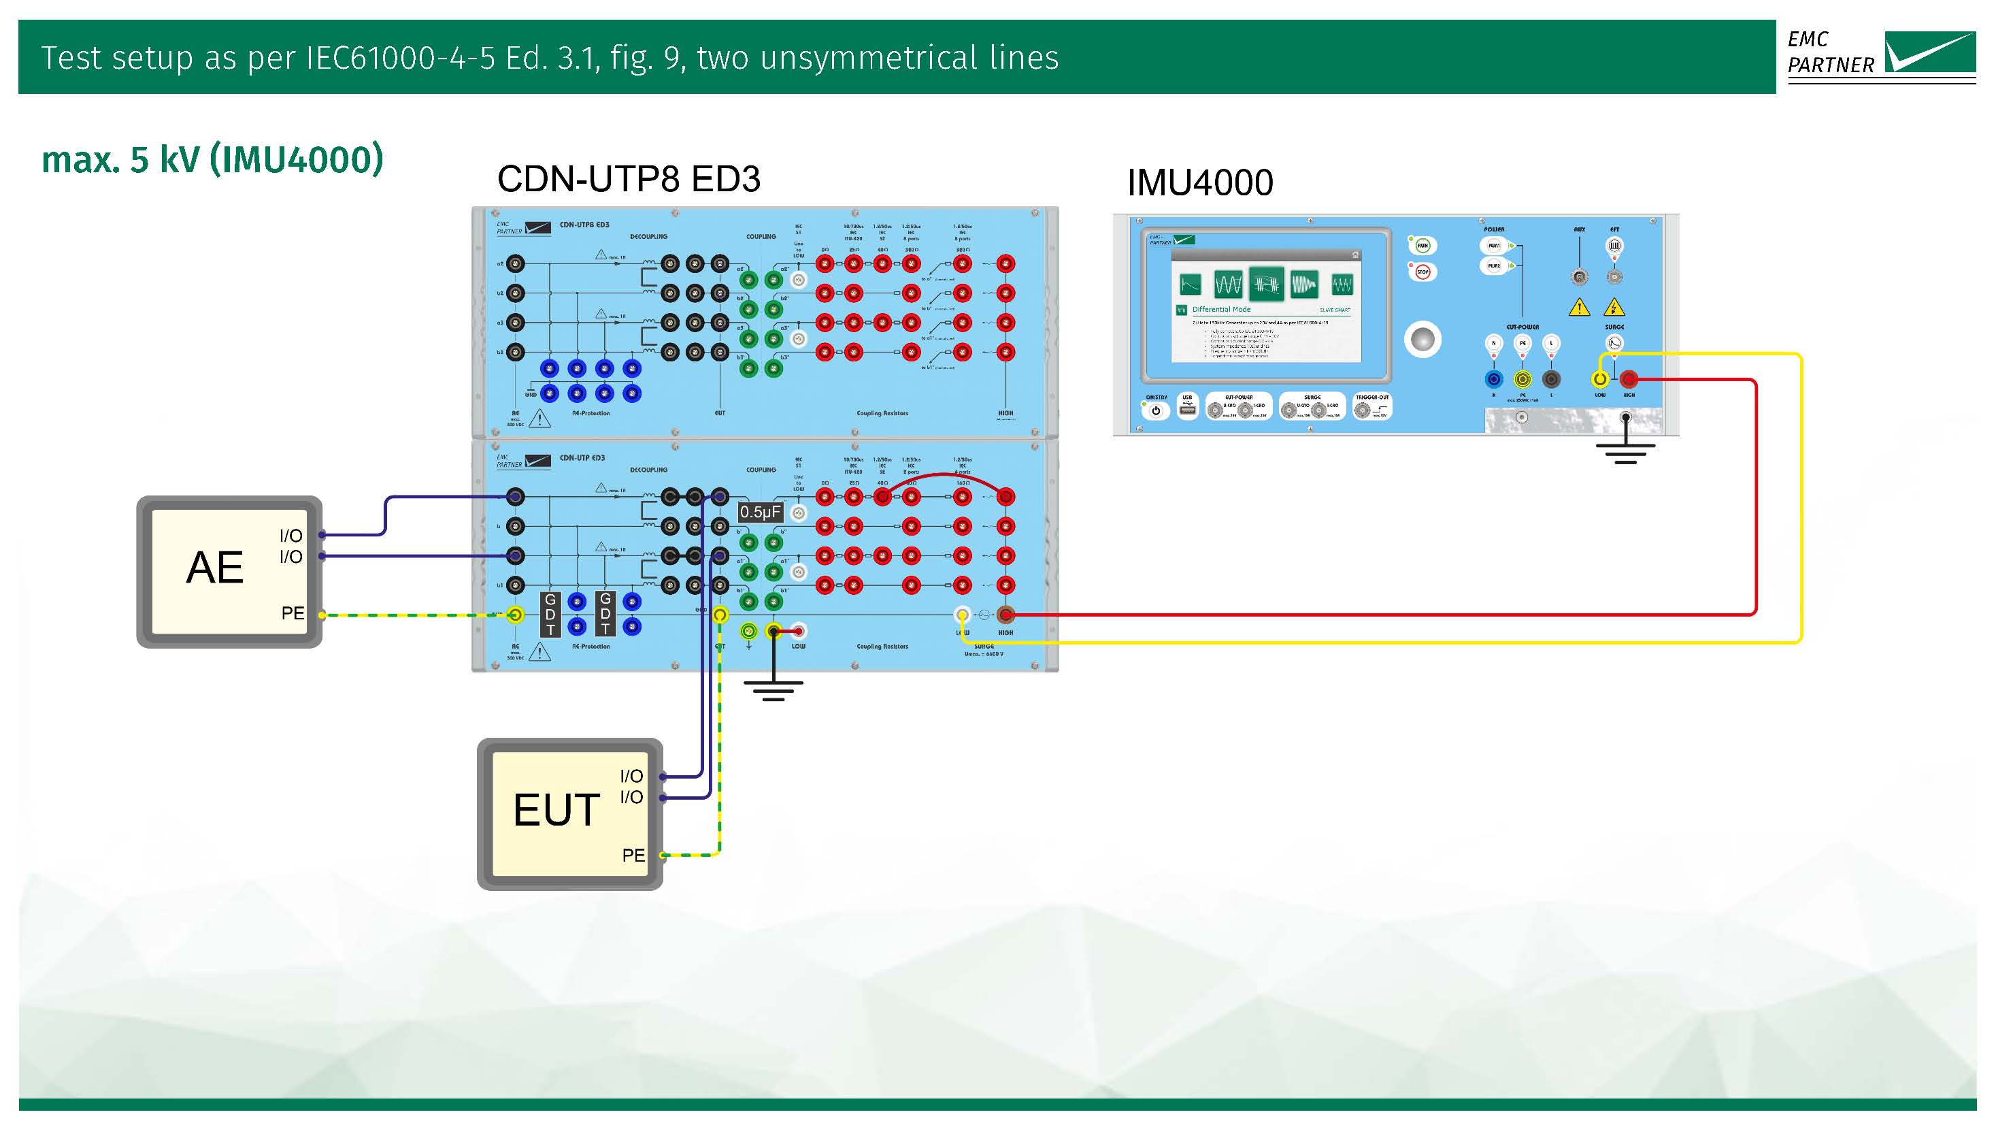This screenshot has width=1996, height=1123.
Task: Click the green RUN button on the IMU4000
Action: click(1423, 246)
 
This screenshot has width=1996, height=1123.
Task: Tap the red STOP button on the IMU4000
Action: click(1423, 272)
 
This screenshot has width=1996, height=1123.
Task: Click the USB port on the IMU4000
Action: click(1187, 408)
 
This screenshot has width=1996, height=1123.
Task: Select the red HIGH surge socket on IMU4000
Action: click(1629, 379)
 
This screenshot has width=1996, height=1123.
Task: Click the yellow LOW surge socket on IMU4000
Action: click(1600, 379)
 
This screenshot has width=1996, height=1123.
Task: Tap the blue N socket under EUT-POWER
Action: click(1494, 379)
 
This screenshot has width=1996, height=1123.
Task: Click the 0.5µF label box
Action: click(760, 512)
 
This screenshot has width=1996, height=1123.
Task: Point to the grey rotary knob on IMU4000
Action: click(1423, 340)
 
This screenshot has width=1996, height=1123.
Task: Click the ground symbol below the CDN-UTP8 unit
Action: click(774, 689)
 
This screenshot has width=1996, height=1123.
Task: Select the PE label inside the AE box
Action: click(292, 613)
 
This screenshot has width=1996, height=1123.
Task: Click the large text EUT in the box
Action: click(556, 810)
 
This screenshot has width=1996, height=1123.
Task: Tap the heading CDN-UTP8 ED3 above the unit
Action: click(629, 179)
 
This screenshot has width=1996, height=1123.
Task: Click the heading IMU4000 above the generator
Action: click(1199, 183)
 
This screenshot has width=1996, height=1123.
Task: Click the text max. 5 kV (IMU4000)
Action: click(212, 160)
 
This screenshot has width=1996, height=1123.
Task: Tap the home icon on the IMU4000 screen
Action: click(1354, 255)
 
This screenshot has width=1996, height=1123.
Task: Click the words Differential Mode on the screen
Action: click(1221, 309)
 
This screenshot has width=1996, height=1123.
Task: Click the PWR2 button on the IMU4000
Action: click(1494, 266)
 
